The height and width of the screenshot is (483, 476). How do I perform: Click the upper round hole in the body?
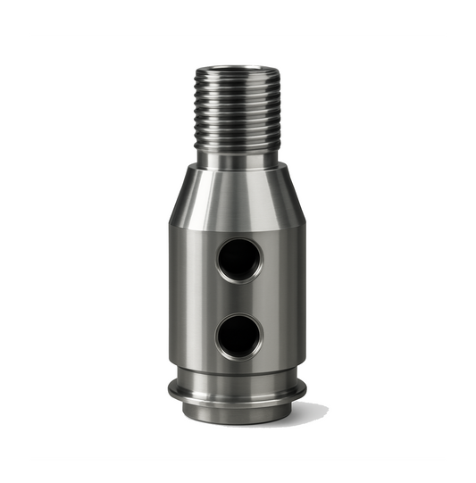(239, 260)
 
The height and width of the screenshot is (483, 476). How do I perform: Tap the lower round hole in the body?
(238, 337)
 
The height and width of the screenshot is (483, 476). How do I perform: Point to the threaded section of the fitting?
(238, 112)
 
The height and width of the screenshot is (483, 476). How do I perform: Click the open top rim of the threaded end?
(238, 71)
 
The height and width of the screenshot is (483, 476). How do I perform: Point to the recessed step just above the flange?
(238, 373)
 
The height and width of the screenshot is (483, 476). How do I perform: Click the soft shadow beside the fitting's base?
(308, 412)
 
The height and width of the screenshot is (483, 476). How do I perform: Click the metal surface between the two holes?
(238, 298)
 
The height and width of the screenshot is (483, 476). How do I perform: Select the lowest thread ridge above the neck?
(238, 148)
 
